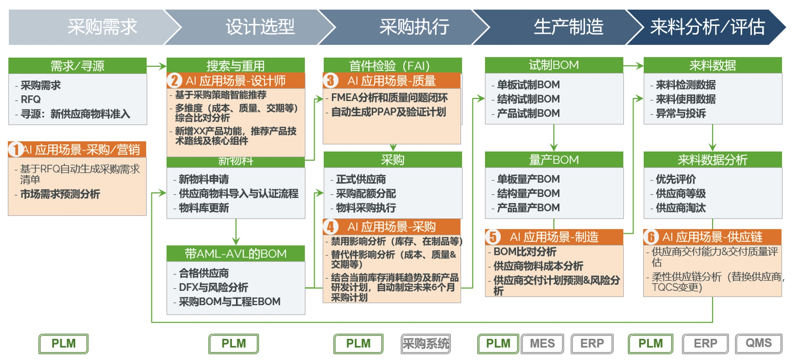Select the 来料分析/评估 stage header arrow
coord(707,27)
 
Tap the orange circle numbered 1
coord(16,149)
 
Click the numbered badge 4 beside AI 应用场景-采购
coord(330,227)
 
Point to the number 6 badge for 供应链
coord(651,237)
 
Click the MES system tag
coord(542,344)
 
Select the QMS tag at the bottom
coord(759,344)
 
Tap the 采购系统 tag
coord(426,344)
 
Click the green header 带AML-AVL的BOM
coord(236,254)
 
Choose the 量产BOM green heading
coord(554,159)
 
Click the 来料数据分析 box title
coord(713,159)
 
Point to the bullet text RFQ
coord(31,99)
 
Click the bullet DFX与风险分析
coord(213,287)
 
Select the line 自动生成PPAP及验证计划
coord(388,112)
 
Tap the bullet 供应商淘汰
coord(681,208)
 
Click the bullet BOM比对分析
coord(525,251)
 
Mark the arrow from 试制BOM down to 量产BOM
coord(554,138)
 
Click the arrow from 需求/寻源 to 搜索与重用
coord(157,66)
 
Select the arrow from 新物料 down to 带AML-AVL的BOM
coord(236,232)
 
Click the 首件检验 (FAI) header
coord(393,66)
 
